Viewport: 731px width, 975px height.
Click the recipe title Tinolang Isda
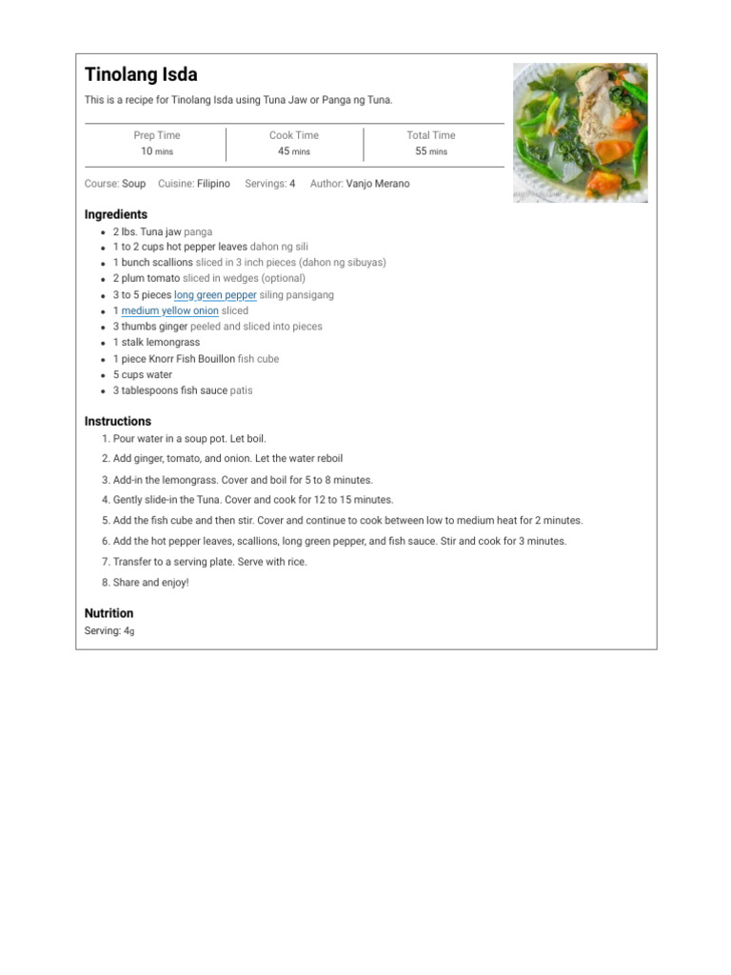[x=141, y=75]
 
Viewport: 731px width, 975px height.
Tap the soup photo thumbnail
[x=581, y=132]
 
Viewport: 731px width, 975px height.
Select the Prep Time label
[x=156, y=135]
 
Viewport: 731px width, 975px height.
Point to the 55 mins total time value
[x=431, y=151]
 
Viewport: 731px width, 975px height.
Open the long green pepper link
[x=215, y=295]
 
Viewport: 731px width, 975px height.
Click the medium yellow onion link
[x=169, y=310]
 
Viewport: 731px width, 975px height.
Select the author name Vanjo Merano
[x=378, y=184]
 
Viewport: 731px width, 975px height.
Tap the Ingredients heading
[x=116, y=214]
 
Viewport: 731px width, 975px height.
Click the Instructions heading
[x=118, y=421]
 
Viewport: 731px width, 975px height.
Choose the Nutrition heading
[x=109, y=613]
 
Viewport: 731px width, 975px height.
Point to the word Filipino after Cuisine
[x=213, y=184]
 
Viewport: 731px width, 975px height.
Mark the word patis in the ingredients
[x=241, y=390]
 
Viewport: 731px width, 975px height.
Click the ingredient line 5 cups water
[x=143, y=374]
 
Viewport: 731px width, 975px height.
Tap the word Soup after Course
[x=133, y=184]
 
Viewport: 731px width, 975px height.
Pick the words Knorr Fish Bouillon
[x=190, y=359]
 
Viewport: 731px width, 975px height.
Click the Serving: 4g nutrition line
[x=109, y=631]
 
